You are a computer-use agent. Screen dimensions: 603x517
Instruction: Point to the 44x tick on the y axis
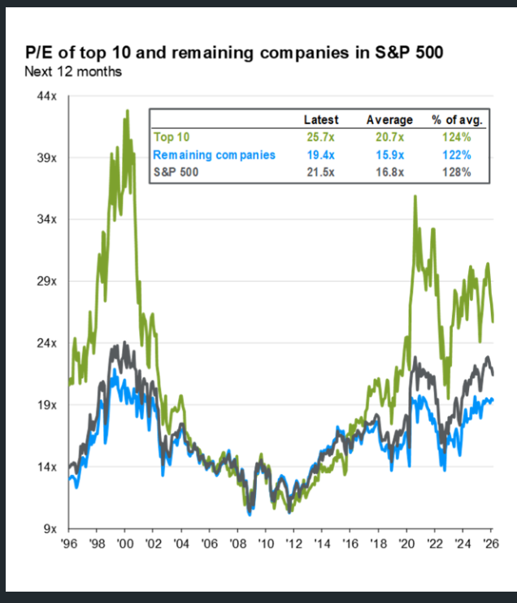[46, 96]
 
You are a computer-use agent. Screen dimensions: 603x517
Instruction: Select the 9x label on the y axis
[49, 529]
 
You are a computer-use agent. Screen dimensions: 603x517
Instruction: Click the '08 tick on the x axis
[237, 543]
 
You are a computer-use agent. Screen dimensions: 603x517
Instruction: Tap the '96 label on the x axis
[68, 543]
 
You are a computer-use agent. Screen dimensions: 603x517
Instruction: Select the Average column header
[389, 120]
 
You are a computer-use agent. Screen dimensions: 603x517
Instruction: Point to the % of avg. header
[457, 120]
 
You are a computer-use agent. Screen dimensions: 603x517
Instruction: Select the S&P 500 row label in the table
[175, 172]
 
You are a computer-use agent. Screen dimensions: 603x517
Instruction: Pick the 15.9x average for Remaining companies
[389, 154]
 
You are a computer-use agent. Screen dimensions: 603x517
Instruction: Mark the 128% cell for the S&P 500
[457, 172]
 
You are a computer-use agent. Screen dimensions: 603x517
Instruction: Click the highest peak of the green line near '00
[127, 110]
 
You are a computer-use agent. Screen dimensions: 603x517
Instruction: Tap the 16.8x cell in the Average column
[389, 172]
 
